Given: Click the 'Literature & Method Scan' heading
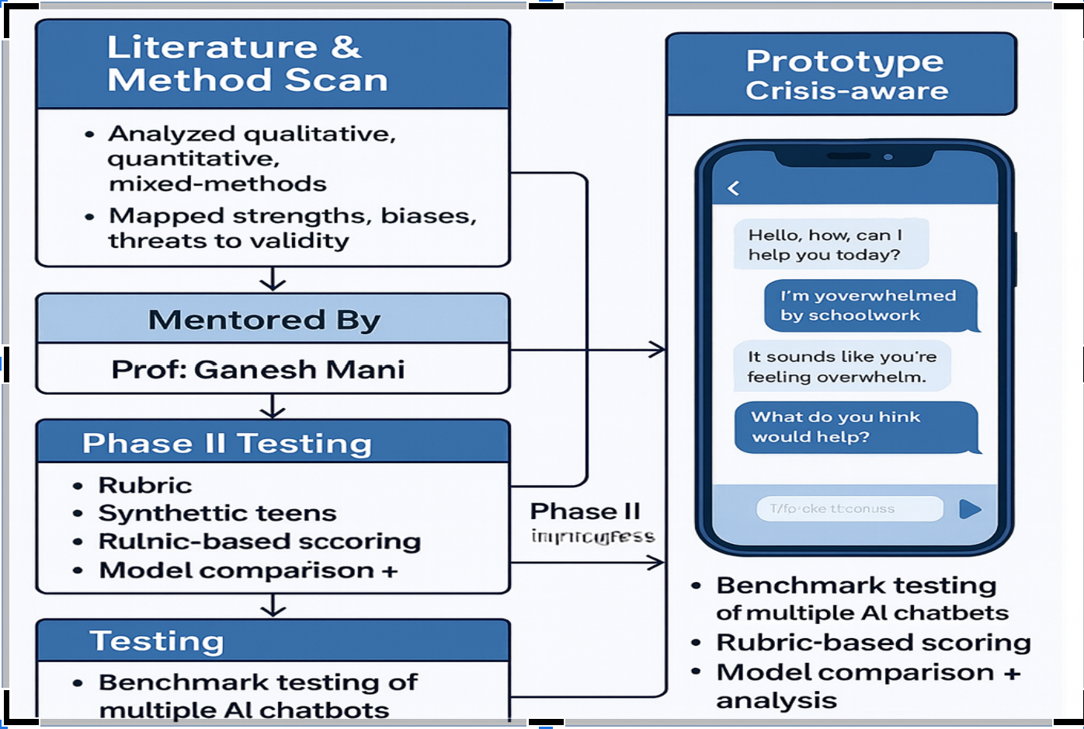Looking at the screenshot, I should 247,64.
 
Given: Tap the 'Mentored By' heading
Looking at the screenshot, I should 264,319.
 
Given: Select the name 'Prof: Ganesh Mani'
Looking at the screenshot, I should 258,369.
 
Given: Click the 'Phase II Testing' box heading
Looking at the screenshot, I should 227,443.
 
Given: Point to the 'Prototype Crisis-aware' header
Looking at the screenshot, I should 846,75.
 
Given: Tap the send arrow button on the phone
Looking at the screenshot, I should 970,509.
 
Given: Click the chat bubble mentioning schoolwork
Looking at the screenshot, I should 868,305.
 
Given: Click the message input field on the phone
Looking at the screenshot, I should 849,509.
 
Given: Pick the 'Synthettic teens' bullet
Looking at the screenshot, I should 217,513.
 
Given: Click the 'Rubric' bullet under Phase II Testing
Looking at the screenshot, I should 144,485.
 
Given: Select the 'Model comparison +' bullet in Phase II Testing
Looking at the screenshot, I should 248,570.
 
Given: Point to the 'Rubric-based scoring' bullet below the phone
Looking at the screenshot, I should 873,643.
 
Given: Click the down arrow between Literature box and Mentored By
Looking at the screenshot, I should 273,280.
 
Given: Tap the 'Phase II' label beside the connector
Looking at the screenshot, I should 585,511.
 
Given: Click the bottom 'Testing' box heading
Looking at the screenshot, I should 157,641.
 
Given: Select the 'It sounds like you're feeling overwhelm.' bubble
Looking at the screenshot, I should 842,367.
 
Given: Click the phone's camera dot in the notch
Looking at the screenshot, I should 888,157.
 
